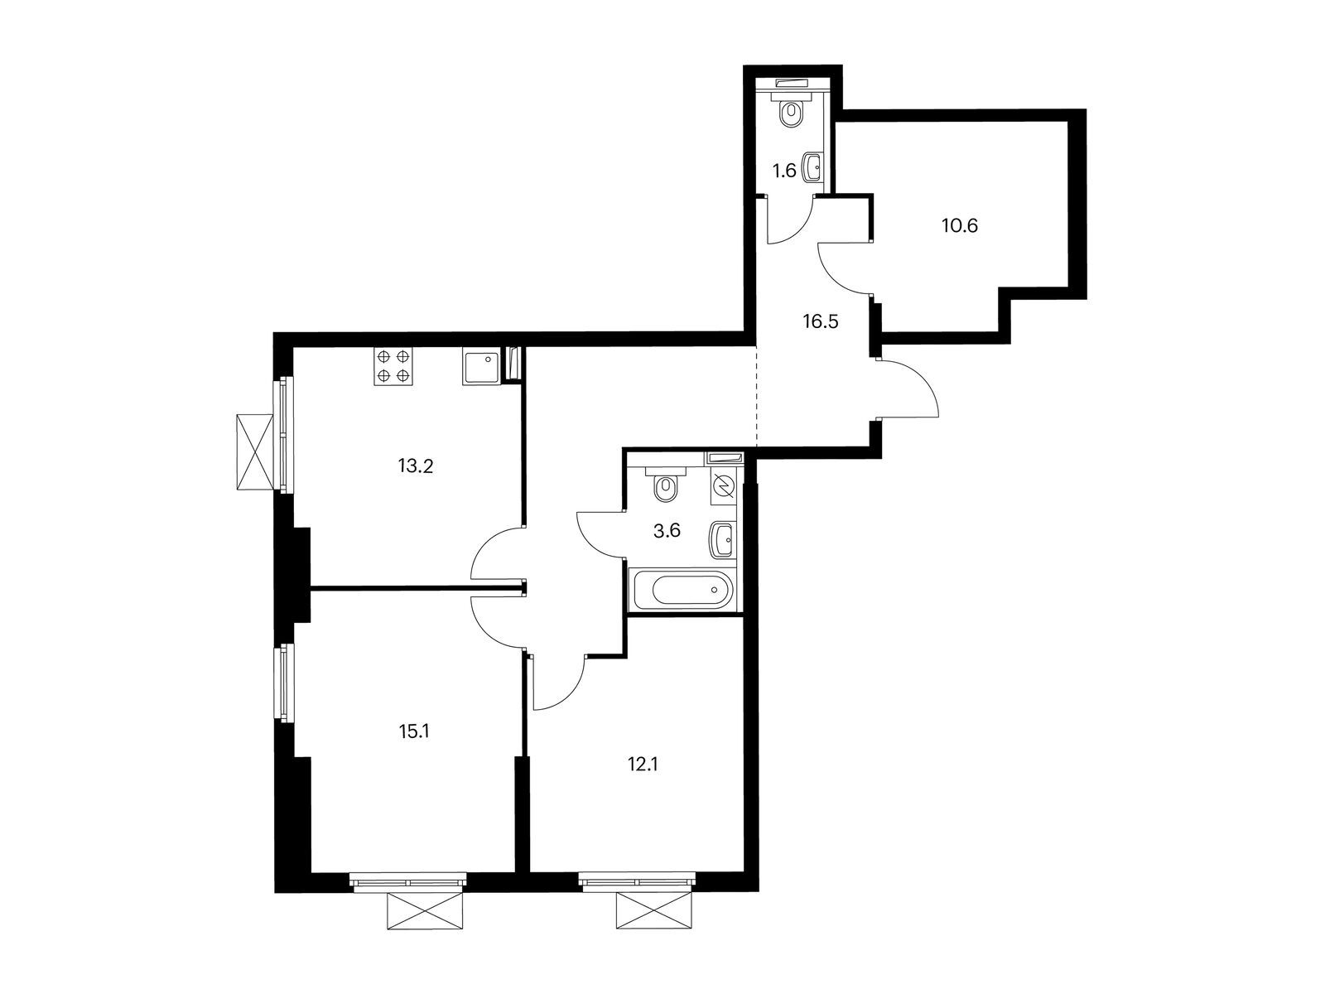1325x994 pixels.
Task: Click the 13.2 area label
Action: (x=416, y=466)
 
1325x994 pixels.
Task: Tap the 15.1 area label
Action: (x=413, y=732)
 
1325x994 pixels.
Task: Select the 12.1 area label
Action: (x=643, y=765)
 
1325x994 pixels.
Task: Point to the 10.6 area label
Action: (x=959, y=225)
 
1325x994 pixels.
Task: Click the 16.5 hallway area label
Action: (x=821, y=321)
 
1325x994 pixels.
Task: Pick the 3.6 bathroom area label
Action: (x=667, y=531)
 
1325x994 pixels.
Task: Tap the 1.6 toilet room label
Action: (x=784, y=171)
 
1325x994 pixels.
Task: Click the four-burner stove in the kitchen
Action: (x=393, y=367)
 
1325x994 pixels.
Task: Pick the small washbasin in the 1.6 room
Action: (x=812, y=166)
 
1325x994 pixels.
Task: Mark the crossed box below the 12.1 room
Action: (x=653, y=911)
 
